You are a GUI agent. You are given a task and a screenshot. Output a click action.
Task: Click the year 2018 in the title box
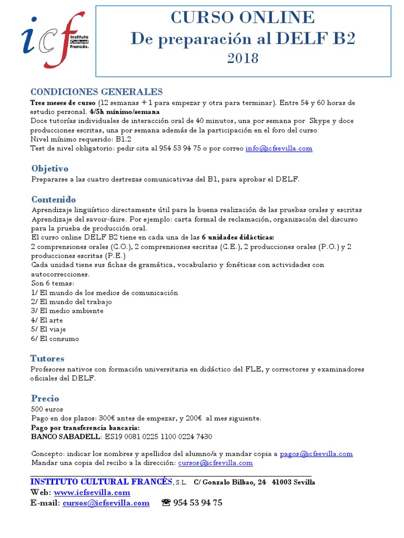click(x=243, y=58)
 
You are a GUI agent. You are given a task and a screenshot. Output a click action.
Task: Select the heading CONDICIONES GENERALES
click(x=96, y=92)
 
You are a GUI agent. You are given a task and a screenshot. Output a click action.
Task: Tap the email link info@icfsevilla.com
click(x=279, y=148)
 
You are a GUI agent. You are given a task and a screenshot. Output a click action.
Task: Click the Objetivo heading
click(x=49, y=169)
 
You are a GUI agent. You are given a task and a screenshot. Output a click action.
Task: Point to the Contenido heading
click(x=53, y=200)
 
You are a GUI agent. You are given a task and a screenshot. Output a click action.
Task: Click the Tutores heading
click(x=47, y=358)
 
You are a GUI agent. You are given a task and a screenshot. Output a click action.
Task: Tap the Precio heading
click(x=45, y=398)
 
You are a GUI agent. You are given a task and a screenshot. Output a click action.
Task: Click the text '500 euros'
click(x=47, y=409)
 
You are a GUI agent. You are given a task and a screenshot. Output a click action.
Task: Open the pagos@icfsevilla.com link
click(x=316, y=454)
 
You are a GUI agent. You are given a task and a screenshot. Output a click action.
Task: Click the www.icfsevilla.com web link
click(x=92, y=492)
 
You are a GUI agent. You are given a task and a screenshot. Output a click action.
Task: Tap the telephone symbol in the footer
click(x=166, y=503)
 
